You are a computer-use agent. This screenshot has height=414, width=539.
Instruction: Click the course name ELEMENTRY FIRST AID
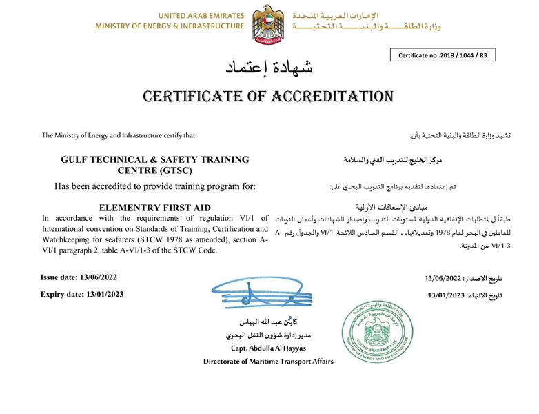coord(154,208)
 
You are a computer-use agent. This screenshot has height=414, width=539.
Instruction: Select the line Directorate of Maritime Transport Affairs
coord(269,362)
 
